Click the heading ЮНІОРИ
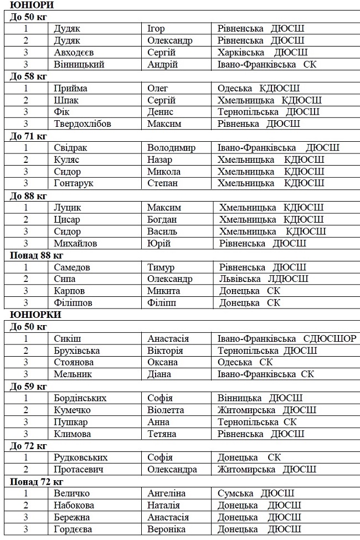point(27,5)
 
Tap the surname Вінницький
point(79,64)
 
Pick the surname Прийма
point(71,89)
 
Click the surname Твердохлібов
point(83,124)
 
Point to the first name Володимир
point(171,148)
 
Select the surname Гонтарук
point(74,183)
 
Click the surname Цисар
point(67,219)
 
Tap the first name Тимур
point(161,268)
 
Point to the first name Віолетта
point(166,410)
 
